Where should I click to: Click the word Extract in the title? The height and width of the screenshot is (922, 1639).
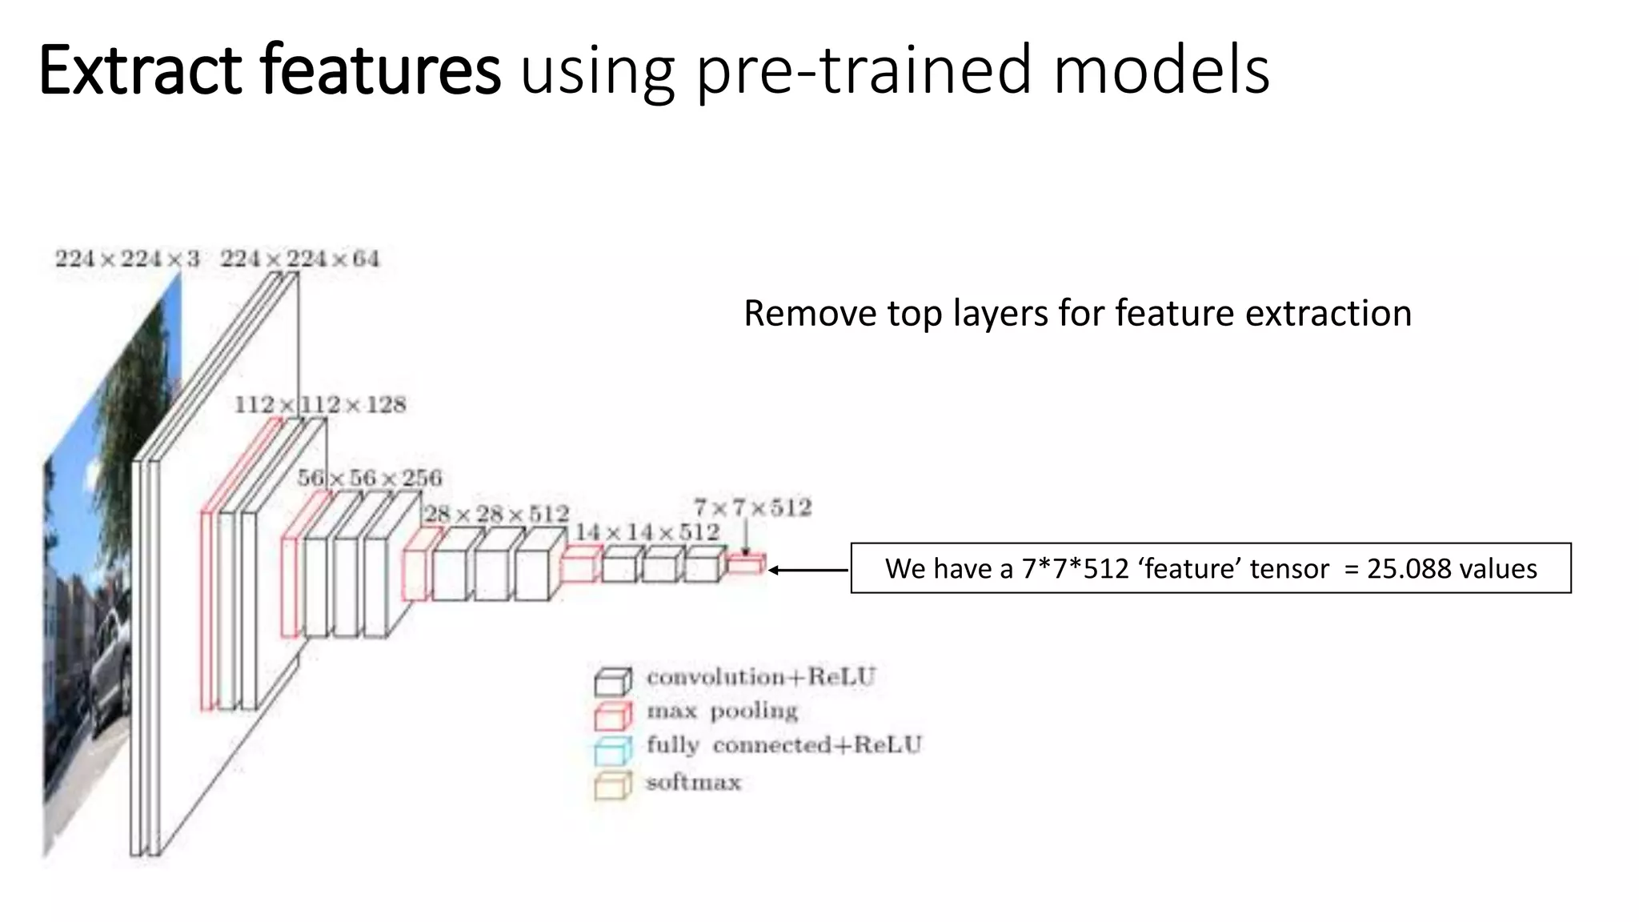point(140,70)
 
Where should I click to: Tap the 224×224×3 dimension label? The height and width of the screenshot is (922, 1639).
point(127,259)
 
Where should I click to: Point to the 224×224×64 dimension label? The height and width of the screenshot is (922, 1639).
point(300,259)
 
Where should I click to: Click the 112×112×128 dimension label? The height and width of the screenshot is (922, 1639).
point(320,404)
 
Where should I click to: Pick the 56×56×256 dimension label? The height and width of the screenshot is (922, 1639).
point(370,478)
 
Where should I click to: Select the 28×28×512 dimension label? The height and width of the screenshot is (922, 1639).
point(496,513)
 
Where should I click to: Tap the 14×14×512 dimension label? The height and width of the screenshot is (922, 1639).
point(647,531)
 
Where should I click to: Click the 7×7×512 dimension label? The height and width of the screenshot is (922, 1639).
point(752,507)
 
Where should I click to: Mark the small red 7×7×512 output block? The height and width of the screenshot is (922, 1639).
point(746,565)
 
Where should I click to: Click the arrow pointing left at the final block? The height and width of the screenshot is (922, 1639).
point(807,570)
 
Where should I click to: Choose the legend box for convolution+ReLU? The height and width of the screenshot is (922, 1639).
point(612,681)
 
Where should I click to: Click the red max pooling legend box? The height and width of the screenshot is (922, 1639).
point(612,715)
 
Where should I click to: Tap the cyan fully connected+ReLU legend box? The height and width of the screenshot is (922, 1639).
point(612,750)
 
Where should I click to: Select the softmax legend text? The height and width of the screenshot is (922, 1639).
point(693,782)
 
